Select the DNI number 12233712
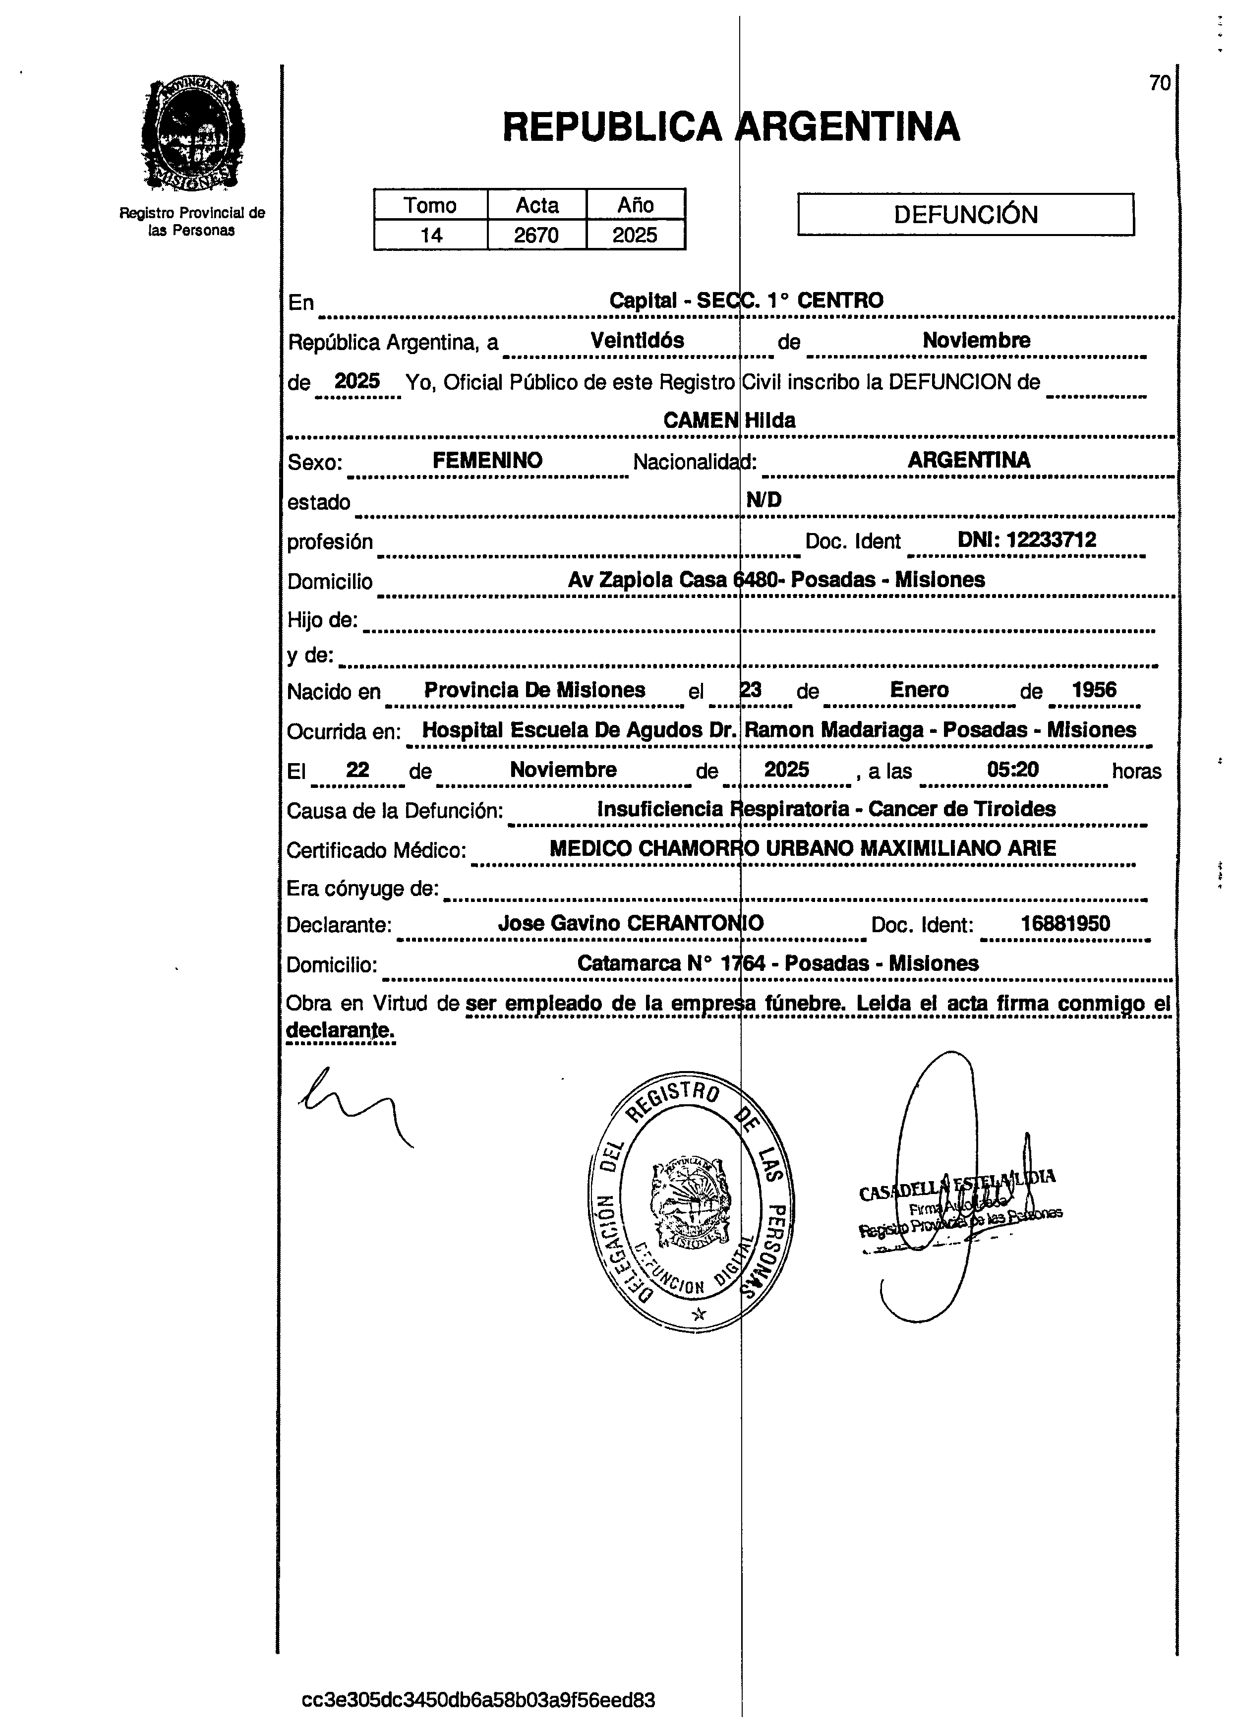pos(1027,540)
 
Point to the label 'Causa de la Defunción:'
pos(394,811)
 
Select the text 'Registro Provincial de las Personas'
pos(192,221)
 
